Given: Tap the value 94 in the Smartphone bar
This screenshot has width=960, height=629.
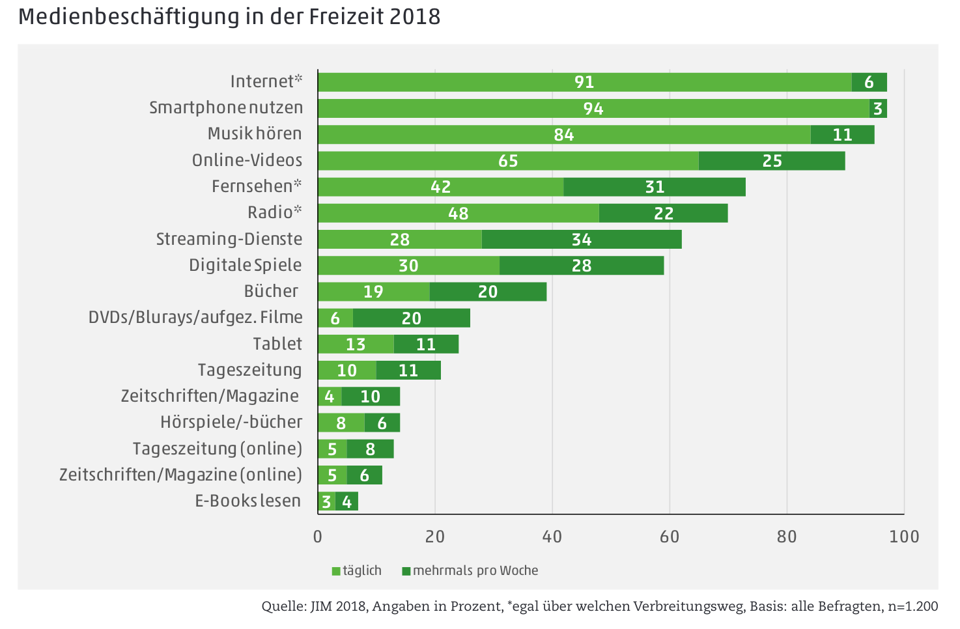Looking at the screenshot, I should click(x=593, y=109).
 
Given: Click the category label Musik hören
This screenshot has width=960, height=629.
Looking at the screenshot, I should click(x=255, y=133).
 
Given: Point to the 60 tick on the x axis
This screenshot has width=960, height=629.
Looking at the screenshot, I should click(x=670, y=537).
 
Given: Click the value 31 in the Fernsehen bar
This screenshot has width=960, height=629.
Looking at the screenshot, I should click(x=655, y=188).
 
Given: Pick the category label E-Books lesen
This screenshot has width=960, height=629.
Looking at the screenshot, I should click(x=248, y=501).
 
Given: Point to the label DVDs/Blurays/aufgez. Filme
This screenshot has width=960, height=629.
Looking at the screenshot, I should click(x=195, y=317).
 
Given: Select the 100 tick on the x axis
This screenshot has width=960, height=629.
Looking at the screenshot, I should click(x=904, y=537).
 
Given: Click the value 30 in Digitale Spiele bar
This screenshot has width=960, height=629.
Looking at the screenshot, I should click(x=408, y=266).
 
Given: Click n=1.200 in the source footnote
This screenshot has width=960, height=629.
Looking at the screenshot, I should click(x=912, y=607).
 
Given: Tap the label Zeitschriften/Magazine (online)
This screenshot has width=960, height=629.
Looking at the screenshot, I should click(x=180, y=475).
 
